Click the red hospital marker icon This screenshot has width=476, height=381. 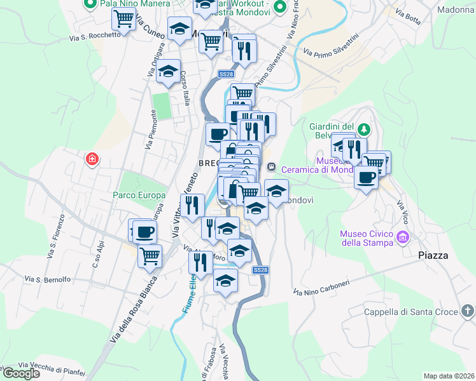pyautogui.click(x=92, y=158)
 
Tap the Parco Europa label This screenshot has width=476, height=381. pyautogui.click(x=139, y=195)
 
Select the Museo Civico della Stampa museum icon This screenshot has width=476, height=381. pyautogui.click(x=402, y=238)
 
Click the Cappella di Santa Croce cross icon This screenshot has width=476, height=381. pyautogui.click(x=468, y=311)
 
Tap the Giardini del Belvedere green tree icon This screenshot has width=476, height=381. pyautogui.click(x=363, y=130)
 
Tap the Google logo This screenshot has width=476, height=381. pyautogui.click(x=20, y=373)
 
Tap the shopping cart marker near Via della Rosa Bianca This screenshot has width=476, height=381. pyautogui.click(x=150, y=256)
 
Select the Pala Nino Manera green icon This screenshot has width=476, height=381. pyautogui.click(x=89, y=4)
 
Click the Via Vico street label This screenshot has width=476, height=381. pyautogui.click(x=402, y=213)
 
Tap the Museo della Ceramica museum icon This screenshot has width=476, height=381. pyautogui.click(x=272, y=167)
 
